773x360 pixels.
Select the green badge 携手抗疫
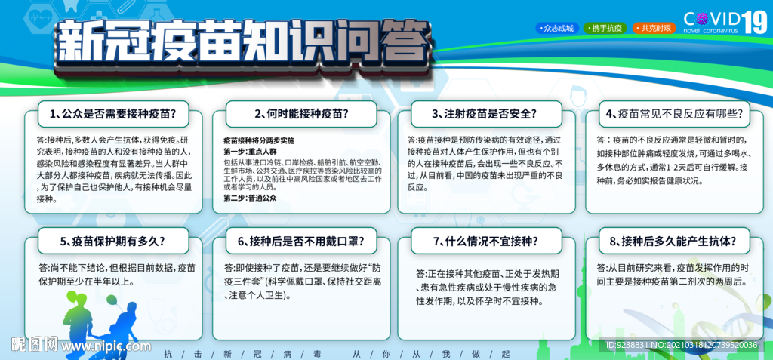click(x=605, y=28)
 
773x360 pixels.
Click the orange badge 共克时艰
click(x=653, y=28)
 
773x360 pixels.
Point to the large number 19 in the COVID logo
click(x=755, y=22)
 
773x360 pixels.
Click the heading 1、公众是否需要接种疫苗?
click(x=113, y=114)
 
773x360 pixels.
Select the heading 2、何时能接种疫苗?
click(x=301, y=114)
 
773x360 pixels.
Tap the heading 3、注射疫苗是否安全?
click(x=485, y=114)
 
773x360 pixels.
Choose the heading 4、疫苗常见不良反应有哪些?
click(x=674, y=114)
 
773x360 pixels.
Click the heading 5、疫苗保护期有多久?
click(x=113, y=242)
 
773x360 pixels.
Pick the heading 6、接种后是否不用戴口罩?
click(x=301, y=242)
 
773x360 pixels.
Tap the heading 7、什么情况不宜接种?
click(x=485, y=242)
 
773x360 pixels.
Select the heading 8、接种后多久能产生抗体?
click(x=674, y=242)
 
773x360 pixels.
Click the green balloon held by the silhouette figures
click(x=112, y=300)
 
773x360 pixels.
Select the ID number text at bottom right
click(x=682, y=345)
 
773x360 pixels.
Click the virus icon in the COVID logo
click(x=701, y=19)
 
